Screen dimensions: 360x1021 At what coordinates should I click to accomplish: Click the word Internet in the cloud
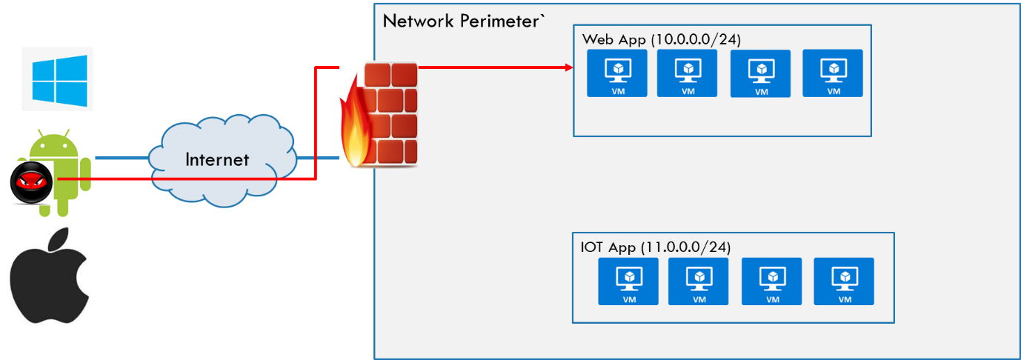pyautogui.click(x=217, y=159)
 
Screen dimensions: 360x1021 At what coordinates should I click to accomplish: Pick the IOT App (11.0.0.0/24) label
pyautogui.click(x=656, y=247)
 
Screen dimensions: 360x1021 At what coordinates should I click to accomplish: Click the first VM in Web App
pyautogui.click(x=617, y=73)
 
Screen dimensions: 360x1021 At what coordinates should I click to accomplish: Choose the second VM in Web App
pyautogui.click(x=688, y=73)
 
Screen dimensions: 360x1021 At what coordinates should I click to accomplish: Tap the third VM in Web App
pyautogui.click(x=761, y=73)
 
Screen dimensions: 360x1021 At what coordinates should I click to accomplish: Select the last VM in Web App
pyautogui.click(x=833, y=73)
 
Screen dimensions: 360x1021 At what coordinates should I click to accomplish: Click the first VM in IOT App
pyautogui.click(x=628, y=281)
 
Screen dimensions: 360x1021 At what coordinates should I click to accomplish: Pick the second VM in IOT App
pyautogui.click(x=699, y=281)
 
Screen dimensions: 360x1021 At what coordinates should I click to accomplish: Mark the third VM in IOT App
pyautogui.click(x=772, y=281)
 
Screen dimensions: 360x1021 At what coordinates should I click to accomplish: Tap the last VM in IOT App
pyautogui.click(x=844, y=281)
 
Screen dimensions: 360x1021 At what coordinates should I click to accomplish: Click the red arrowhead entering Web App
pyautogui.click(x=569, y=67)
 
